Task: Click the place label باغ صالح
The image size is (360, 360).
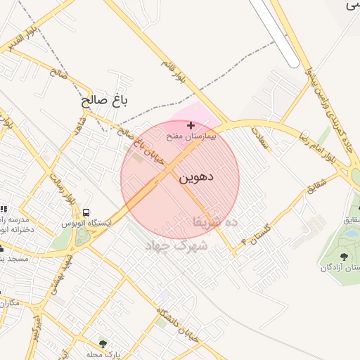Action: click(106, 101)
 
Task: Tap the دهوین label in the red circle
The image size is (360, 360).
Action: click(196, 177)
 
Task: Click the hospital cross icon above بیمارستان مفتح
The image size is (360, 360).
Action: click(191, 125)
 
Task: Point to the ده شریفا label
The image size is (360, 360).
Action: click(216, 221)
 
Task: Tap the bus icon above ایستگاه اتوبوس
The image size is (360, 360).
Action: click(86, 212)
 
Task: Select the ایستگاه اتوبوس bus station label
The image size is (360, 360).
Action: click(86, 223)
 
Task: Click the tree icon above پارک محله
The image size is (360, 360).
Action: click(103, 344)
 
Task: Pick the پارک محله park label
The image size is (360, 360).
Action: click(103, 354)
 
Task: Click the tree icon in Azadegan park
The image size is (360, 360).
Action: click(343, 257)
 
